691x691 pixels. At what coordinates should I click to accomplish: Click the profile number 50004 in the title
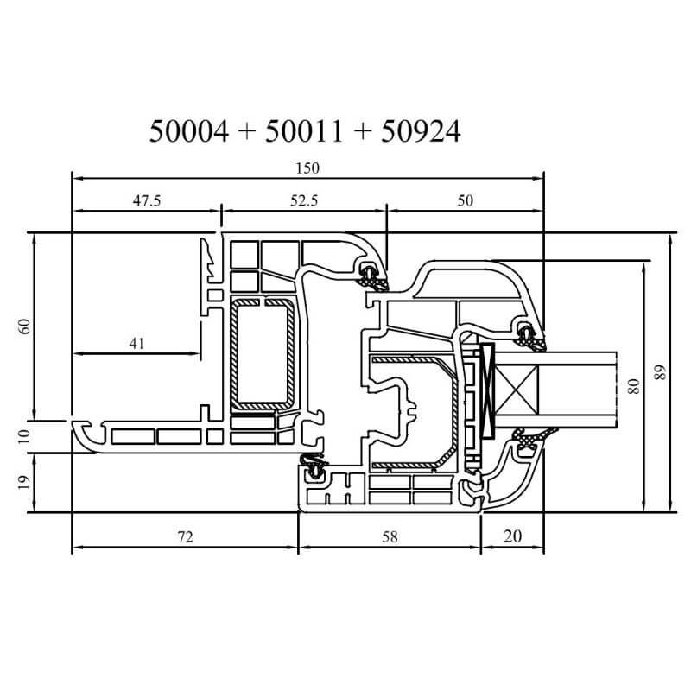[x=189, y=131]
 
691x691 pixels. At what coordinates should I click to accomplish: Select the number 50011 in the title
[x=304, y=131]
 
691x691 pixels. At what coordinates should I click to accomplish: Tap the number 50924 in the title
[x=421, y=131]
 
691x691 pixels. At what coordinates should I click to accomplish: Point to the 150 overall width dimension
[x=307, y=168]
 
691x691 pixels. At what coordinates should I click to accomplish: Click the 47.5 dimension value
[x=147, y=201]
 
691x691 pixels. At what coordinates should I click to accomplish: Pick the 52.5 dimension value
[x=304, y=201]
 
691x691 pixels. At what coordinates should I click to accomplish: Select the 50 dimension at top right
[x=465, y=201]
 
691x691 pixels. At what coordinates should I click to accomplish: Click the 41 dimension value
[x=136, y=343]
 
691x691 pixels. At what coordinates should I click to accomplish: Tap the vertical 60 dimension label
[x=25, y=326]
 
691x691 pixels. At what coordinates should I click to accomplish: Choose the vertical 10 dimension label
[x=25, y=436]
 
